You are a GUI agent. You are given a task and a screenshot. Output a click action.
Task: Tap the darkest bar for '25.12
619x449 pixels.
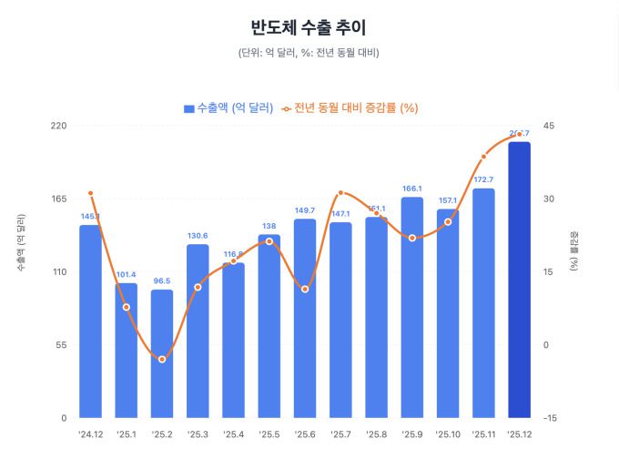click(519, 280)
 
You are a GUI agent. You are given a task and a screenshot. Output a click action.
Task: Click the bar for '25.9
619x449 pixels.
click(412, 307)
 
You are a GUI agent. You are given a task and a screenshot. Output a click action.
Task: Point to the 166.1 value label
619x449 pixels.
click(412, 189)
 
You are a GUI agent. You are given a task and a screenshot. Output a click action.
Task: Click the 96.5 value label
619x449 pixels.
click(162, 281)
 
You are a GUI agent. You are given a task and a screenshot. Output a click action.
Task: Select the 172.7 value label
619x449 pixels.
click(483, 179)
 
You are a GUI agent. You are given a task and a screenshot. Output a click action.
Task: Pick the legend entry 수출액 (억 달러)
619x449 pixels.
click(228, 108)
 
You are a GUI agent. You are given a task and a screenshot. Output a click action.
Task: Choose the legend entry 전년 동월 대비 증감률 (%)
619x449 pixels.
click(349, 108)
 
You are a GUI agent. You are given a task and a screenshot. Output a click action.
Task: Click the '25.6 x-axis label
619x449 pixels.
click(305, 434)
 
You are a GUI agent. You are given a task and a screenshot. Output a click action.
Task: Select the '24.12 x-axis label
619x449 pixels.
click(91, 434)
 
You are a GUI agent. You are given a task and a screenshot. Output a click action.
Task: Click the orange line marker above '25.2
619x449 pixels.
click(162, 359)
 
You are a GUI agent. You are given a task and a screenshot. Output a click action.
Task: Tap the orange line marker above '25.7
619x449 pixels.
click(340, 193)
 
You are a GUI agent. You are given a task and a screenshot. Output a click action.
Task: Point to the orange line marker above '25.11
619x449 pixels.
click(483, 157)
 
